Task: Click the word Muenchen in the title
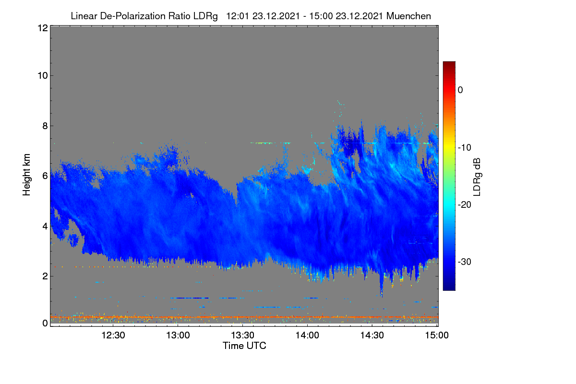408,16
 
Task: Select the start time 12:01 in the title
237,16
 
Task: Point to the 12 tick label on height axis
43,28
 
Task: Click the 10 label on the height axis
43,76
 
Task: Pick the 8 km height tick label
45,126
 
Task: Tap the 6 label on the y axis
45,176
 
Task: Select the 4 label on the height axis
45,227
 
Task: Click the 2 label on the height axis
45,276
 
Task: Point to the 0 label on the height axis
45,324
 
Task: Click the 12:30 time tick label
113,336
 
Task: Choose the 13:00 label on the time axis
178,336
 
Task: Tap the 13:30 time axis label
242,336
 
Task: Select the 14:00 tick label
307,336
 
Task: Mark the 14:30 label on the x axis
372,336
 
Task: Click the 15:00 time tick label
437,336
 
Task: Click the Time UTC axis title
244,346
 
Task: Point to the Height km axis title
26,175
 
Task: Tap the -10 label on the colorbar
465,148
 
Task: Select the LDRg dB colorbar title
477,177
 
